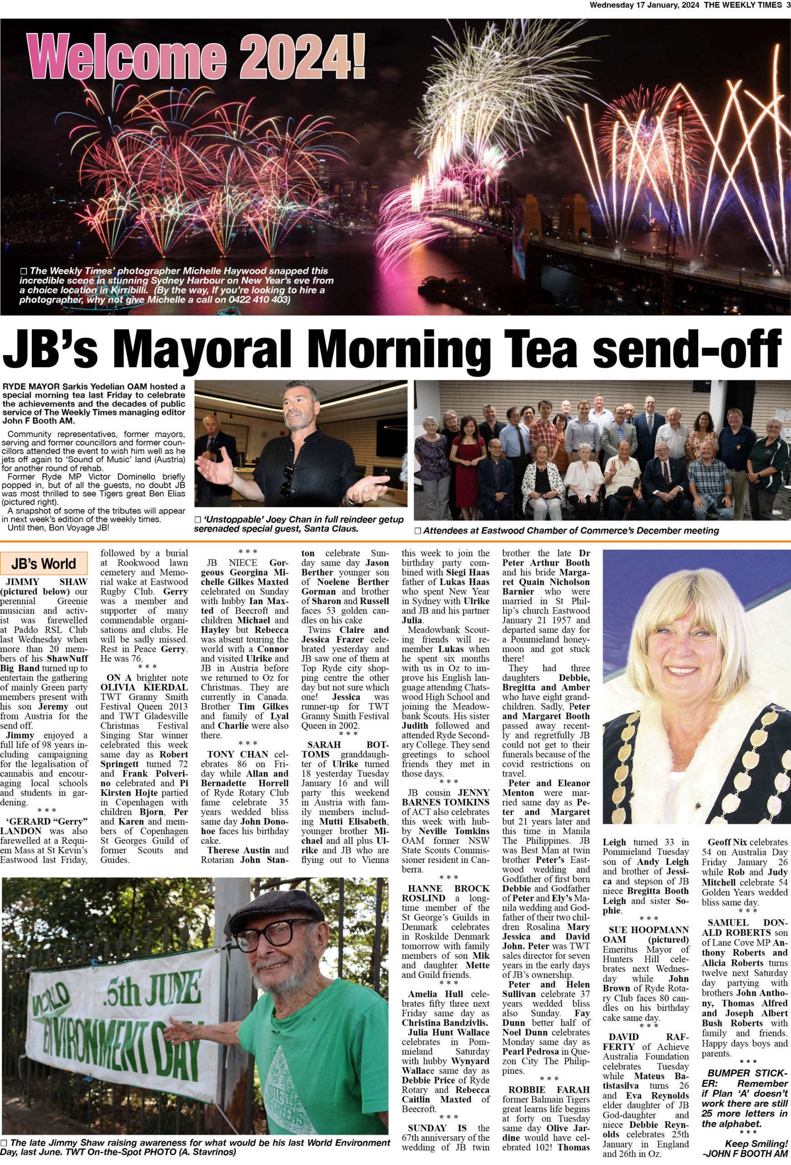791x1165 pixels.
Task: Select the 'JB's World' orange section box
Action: pos(44,563)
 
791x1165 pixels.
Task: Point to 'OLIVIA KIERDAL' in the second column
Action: pos(144,687)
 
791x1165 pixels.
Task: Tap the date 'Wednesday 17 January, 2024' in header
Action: pos(644,5)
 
